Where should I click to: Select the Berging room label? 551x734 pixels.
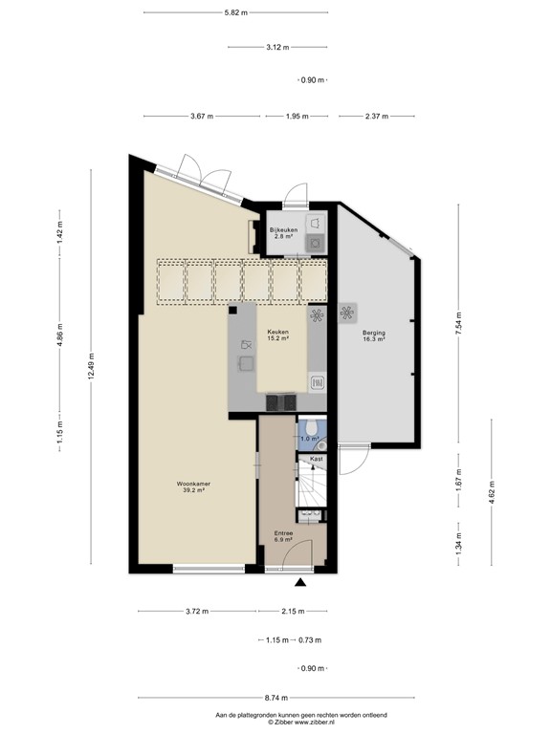click(373, 335)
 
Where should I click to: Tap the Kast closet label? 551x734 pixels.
click(316, 459)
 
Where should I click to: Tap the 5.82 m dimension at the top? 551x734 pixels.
click(235, 12)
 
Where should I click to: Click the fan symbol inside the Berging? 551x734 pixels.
click(346, 313)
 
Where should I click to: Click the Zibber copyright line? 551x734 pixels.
click(275, 723)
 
